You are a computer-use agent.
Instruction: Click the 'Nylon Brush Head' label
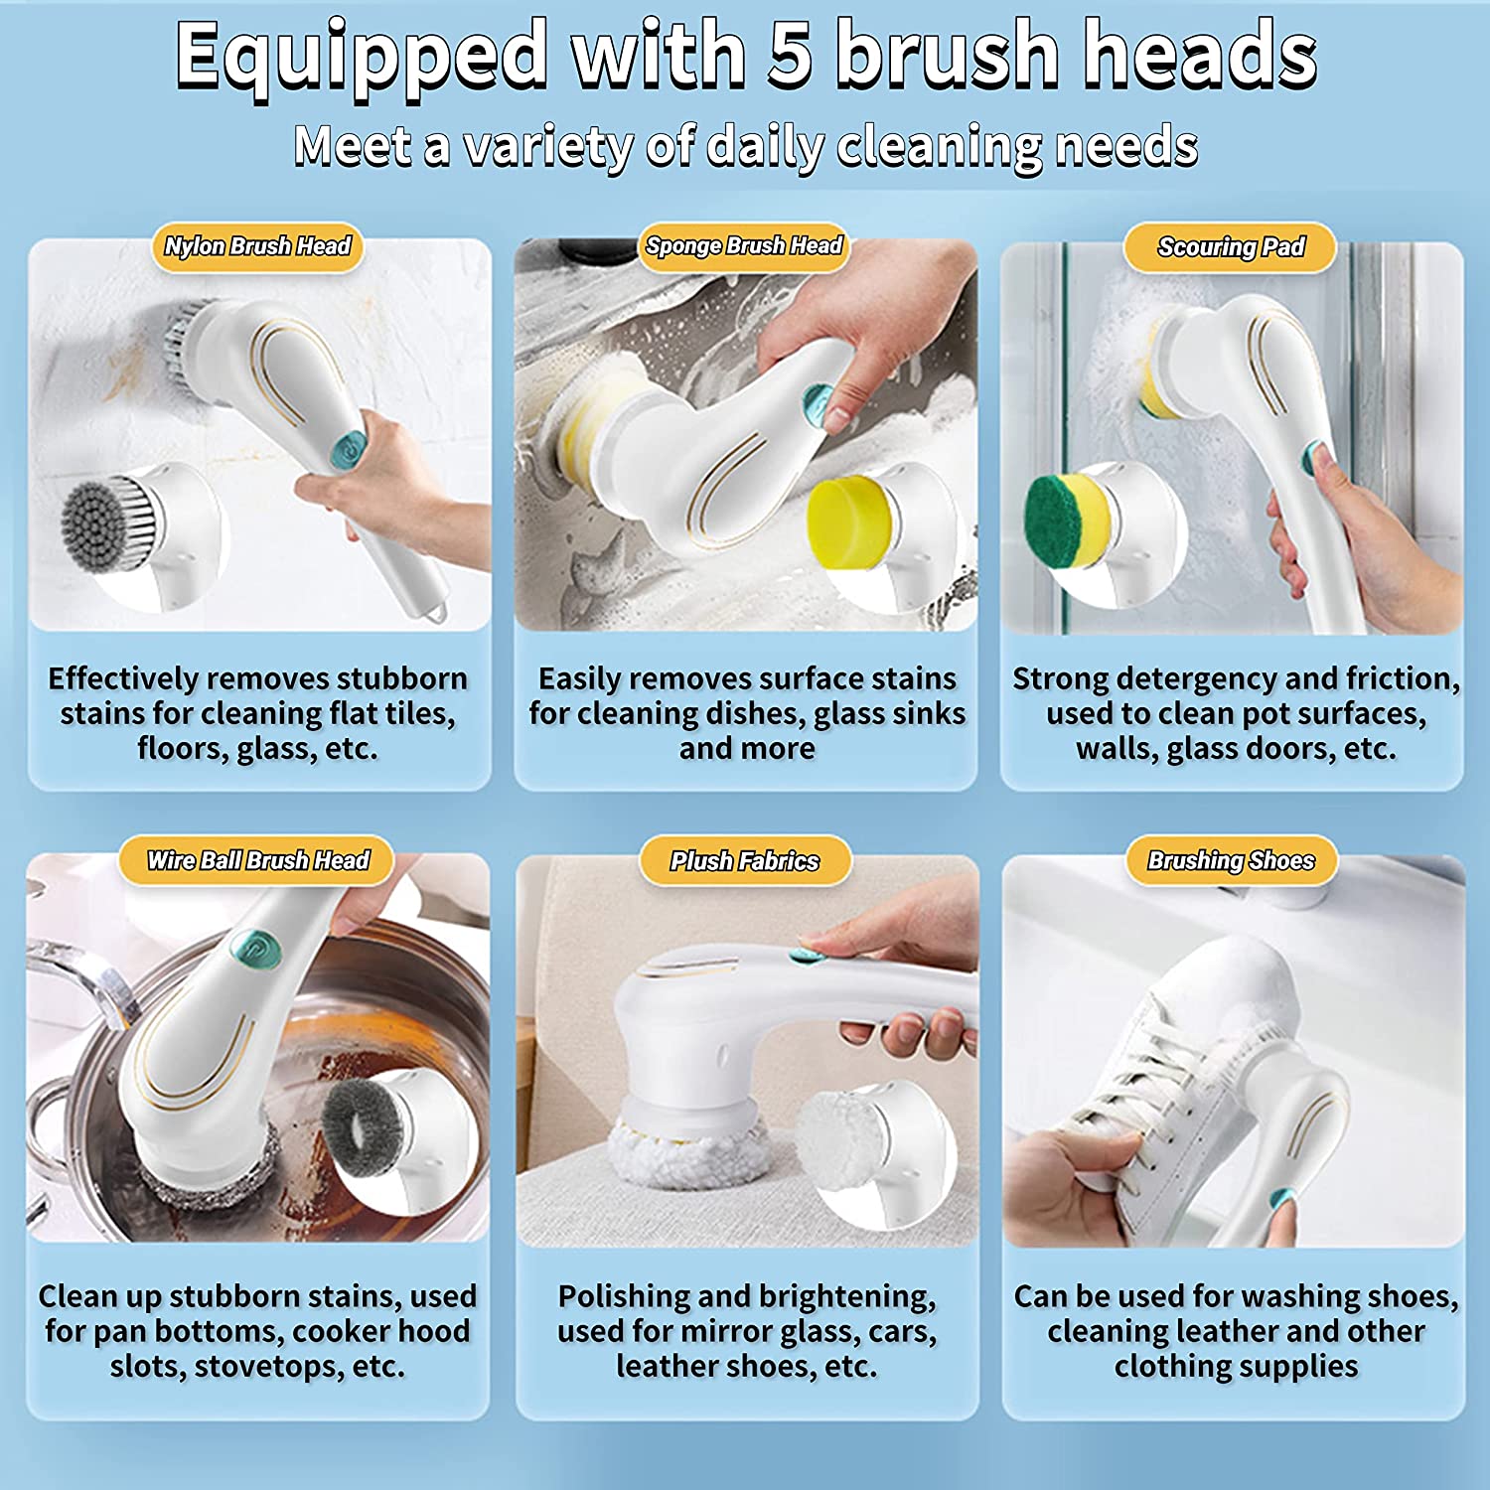click(x=257, y=246)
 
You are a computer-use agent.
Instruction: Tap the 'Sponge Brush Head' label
click(x=744, y=245)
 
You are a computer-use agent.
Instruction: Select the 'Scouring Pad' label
click(x=1231, y=246)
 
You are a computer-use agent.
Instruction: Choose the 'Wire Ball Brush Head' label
click(x=257, y=860)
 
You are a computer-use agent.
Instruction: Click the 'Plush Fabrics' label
click(x=745, y=861)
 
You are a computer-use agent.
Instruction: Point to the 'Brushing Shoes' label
click(x=1231, y=860)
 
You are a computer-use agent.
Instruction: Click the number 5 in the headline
click(x=791, y=55)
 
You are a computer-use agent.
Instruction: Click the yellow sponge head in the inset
click(x=850, y=521)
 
